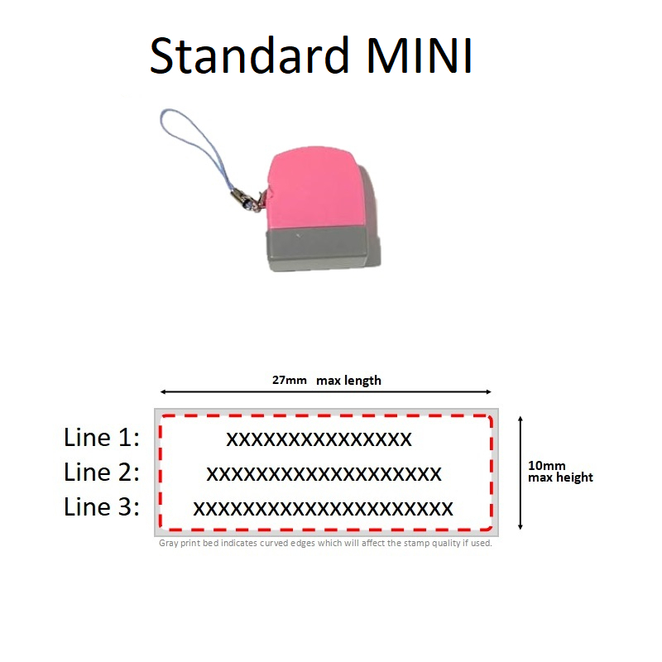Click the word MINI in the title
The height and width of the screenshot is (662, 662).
point(420,56)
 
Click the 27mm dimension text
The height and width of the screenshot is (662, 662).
point(290,381)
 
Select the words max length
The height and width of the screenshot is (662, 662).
point(348,381)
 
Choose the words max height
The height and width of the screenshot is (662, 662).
point(561,477)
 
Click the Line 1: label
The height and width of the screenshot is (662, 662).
point(102,438)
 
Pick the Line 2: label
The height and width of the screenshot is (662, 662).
point(102,473)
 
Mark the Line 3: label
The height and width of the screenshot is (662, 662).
point(102,507)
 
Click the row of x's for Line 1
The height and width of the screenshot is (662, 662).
point(319,439)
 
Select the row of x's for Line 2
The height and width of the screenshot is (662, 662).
point(324,474)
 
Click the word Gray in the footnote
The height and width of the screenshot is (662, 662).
point(167,544)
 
